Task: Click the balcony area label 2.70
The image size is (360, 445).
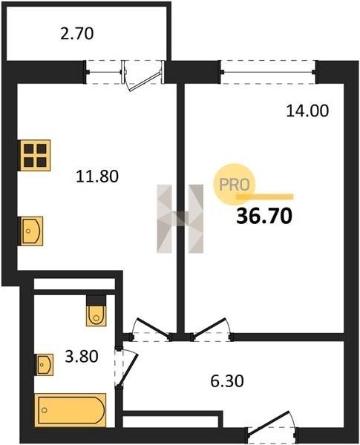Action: (x=77, y=33)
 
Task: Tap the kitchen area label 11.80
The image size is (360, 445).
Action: (x=97, y=176)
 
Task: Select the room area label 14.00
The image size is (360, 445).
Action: (x=307, y=111)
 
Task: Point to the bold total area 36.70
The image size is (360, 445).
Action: (x=264, y=216)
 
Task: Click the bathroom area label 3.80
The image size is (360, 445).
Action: (x=82, y=357)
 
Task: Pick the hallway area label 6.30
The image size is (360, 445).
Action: (x=227, y=381)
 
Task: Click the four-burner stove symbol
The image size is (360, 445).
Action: (x=34, y=155)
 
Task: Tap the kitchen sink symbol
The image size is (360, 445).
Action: (x=30, y=231)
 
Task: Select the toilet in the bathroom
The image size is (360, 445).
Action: (x=96, y=311)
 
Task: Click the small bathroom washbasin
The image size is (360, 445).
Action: (x=44, y=365)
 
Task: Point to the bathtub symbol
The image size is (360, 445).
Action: (x=71, y=410)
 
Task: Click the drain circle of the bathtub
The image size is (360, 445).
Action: (x=45, y=410)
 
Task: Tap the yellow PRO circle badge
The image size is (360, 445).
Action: (x=235, y=184)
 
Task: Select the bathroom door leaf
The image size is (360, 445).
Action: (x=128, y=370)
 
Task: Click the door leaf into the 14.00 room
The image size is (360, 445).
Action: (x=209, y=327)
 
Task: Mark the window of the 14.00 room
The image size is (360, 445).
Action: (x=268, y=72)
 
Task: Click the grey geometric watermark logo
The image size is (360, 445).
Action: (x=180, y=219)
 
